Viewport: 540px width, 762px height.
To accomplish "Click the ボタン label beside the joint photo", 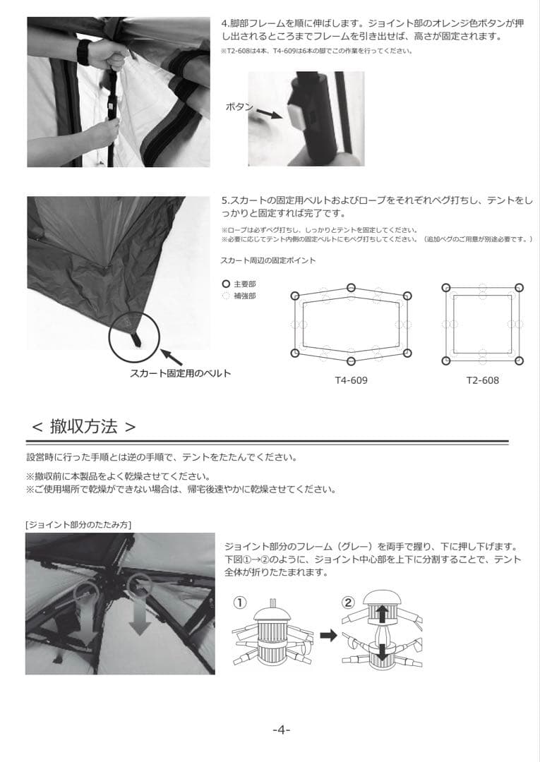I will tap(240, 107).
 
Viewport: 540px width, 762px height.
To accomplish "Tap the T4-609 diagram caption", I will tap(351, 380).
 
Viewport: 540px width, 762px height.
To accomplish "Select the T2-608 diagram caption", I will tap(482, 380).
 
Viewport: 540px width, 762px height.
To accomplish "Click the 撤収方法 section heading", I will tap(84, 426).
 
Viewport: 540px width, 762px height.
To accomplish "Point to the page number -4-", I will tap(281, 730).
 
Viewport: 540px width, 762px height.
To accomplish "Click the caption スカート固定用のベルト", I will tap(180, 373).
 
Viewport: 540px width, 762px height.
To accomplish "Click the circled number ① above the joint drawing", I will tap(240, 603).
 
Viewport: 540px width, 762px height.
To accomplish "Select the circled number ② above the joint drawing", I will tap(348, 603).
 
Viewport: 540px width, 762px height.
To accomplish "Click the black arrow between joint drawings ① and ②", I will tap(328, 635).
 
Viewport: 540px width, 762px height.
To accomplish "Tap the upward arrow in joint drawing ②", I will tap(381, 612).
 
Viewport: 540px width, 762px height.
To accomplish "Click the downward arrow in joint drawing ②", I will tap(381, 651).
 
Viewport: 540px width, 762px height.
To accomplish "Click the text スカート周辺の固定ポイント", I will tap(268, 260).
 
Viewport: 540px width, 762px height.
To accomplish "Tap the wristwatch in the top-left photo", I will tap(83, 52).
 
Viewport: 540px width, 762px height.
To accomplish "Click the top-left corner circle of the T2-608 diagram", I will tap(445, 287).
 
